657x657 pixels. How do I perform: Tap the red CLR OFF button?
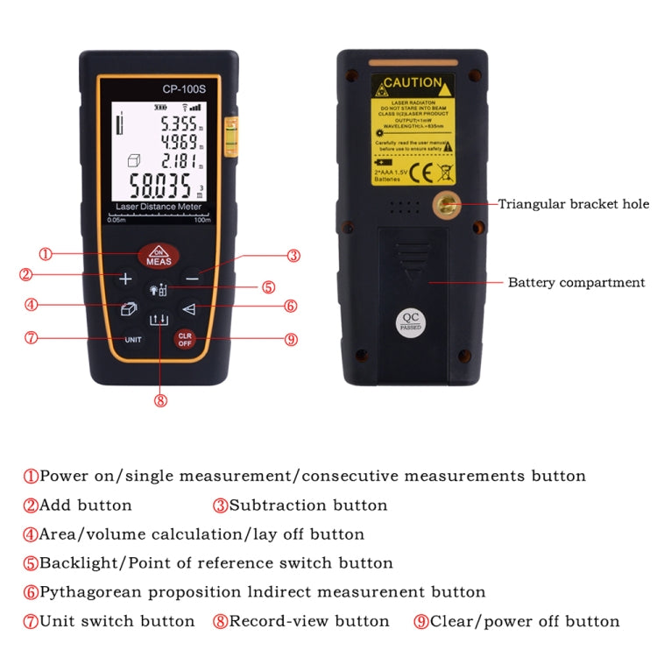(185, 339)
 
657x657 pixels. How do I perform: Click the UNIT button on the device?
(133, 339)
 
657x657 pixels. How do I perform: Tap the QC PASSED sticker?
(411, 321)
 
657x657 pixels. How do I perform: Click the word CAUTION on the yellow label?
(413, 82)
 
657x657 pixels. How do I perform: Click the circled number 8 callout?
(159, 400)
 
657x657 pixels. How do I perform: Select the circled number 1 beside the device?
(46, 255)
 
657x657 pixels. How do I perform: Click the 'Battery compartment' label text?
(576, 282)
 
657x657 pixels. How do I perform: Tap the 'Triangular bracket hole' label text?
(574, 204)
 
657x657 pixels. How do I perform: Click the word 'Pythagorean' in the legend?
(91, 592)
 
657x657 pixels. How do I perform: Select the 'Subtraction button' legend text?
(307, 505)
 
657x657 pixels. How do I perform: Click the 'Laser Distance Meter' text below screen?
(159, 207)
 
